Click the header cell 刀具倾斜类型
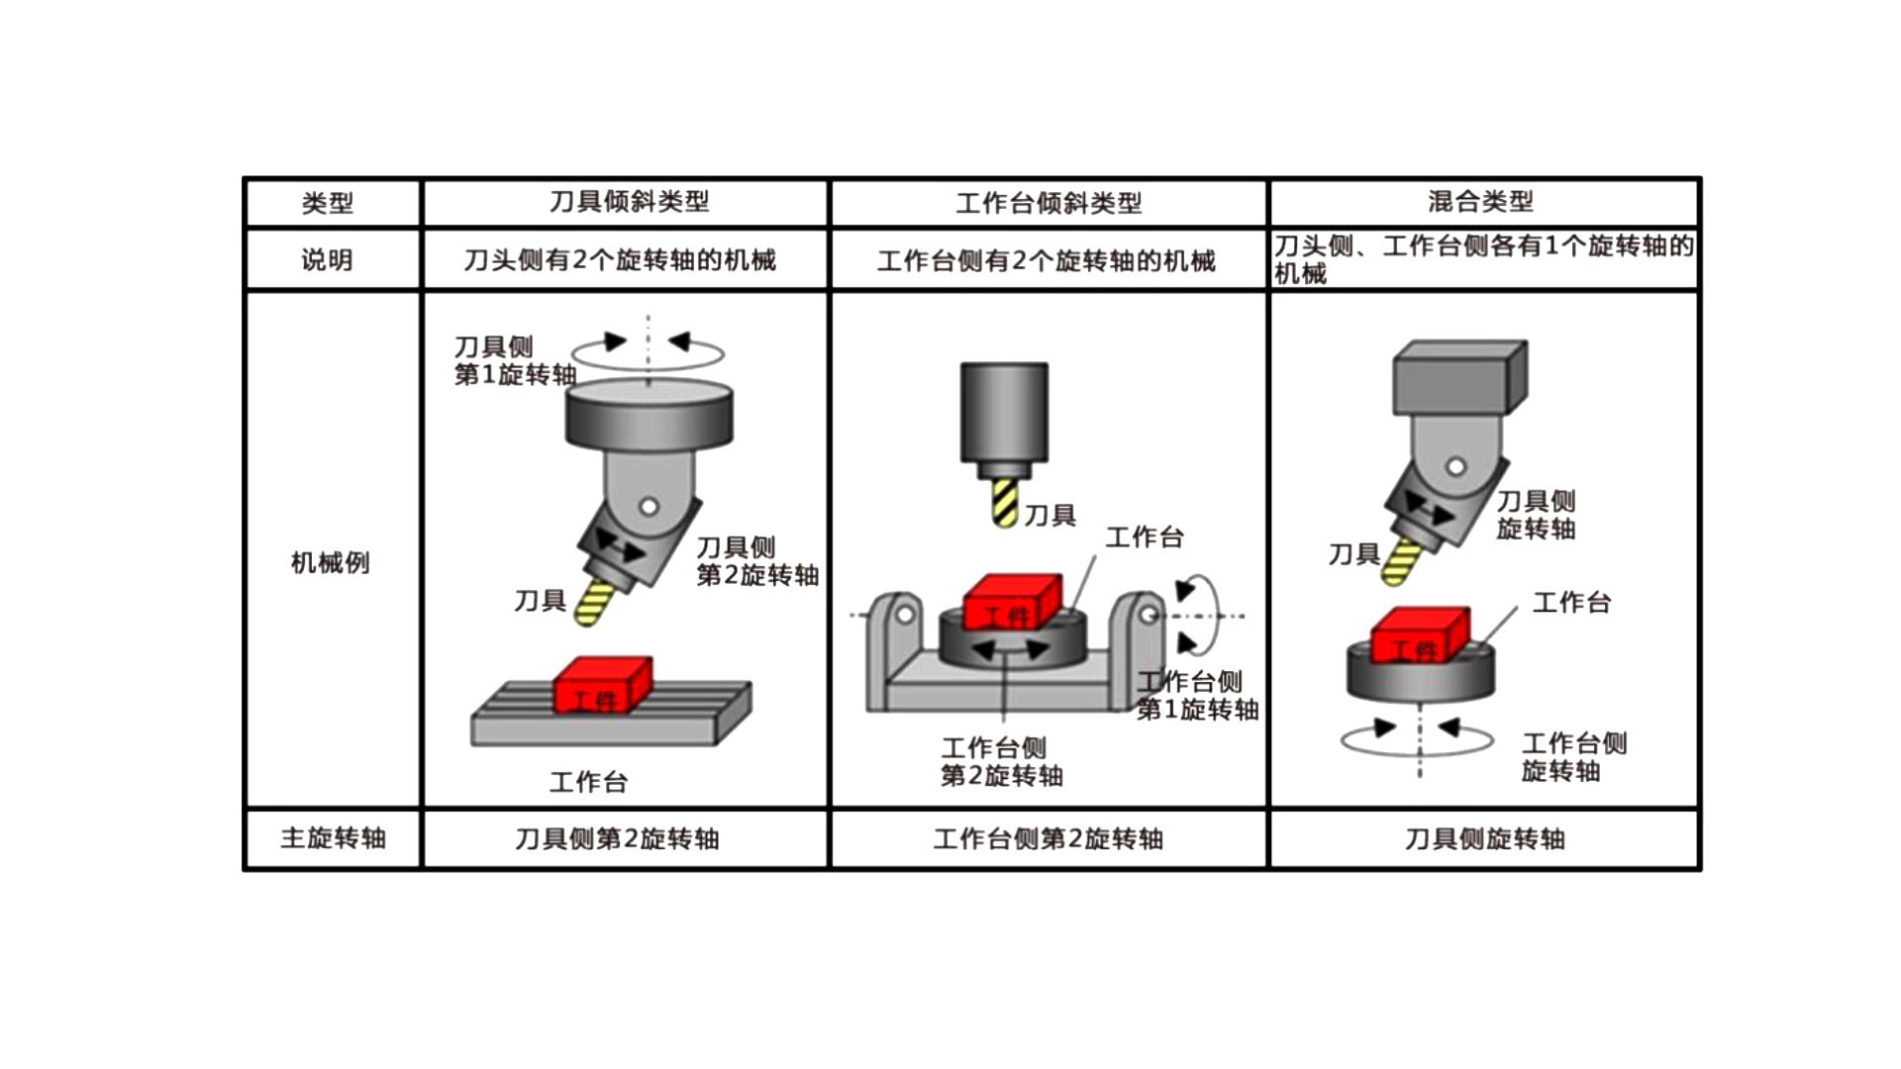coord(629,202)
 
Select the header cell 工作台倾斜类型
coord(1049,203)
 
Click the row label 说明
coord(328,260)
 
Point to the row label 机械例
coord(330,562)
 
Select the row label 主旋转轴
coord(333,838)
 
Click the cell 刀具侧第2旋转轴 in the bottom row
coord(617,839)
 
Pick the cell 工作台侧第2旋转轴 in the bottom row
coord(1048,839)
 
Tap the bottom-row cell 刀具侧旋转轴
coord(1484,839)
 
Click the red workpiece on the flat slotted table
coord(601,685)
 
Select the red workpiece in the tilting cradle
coord(1012,602)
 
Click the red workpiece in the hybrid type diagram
coord(1419,635)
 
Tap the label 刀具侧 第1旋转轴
coord(514,360)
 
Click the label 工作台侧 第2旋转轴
coord(1001,761)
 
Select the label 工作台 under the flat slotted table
coord(588,783)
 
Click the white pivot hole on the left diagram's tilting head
coord(649,507)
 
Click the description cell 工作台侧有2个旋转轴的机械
coord(1046,261)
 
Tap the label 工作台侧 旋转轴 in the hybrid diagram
coord(1573,757)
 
